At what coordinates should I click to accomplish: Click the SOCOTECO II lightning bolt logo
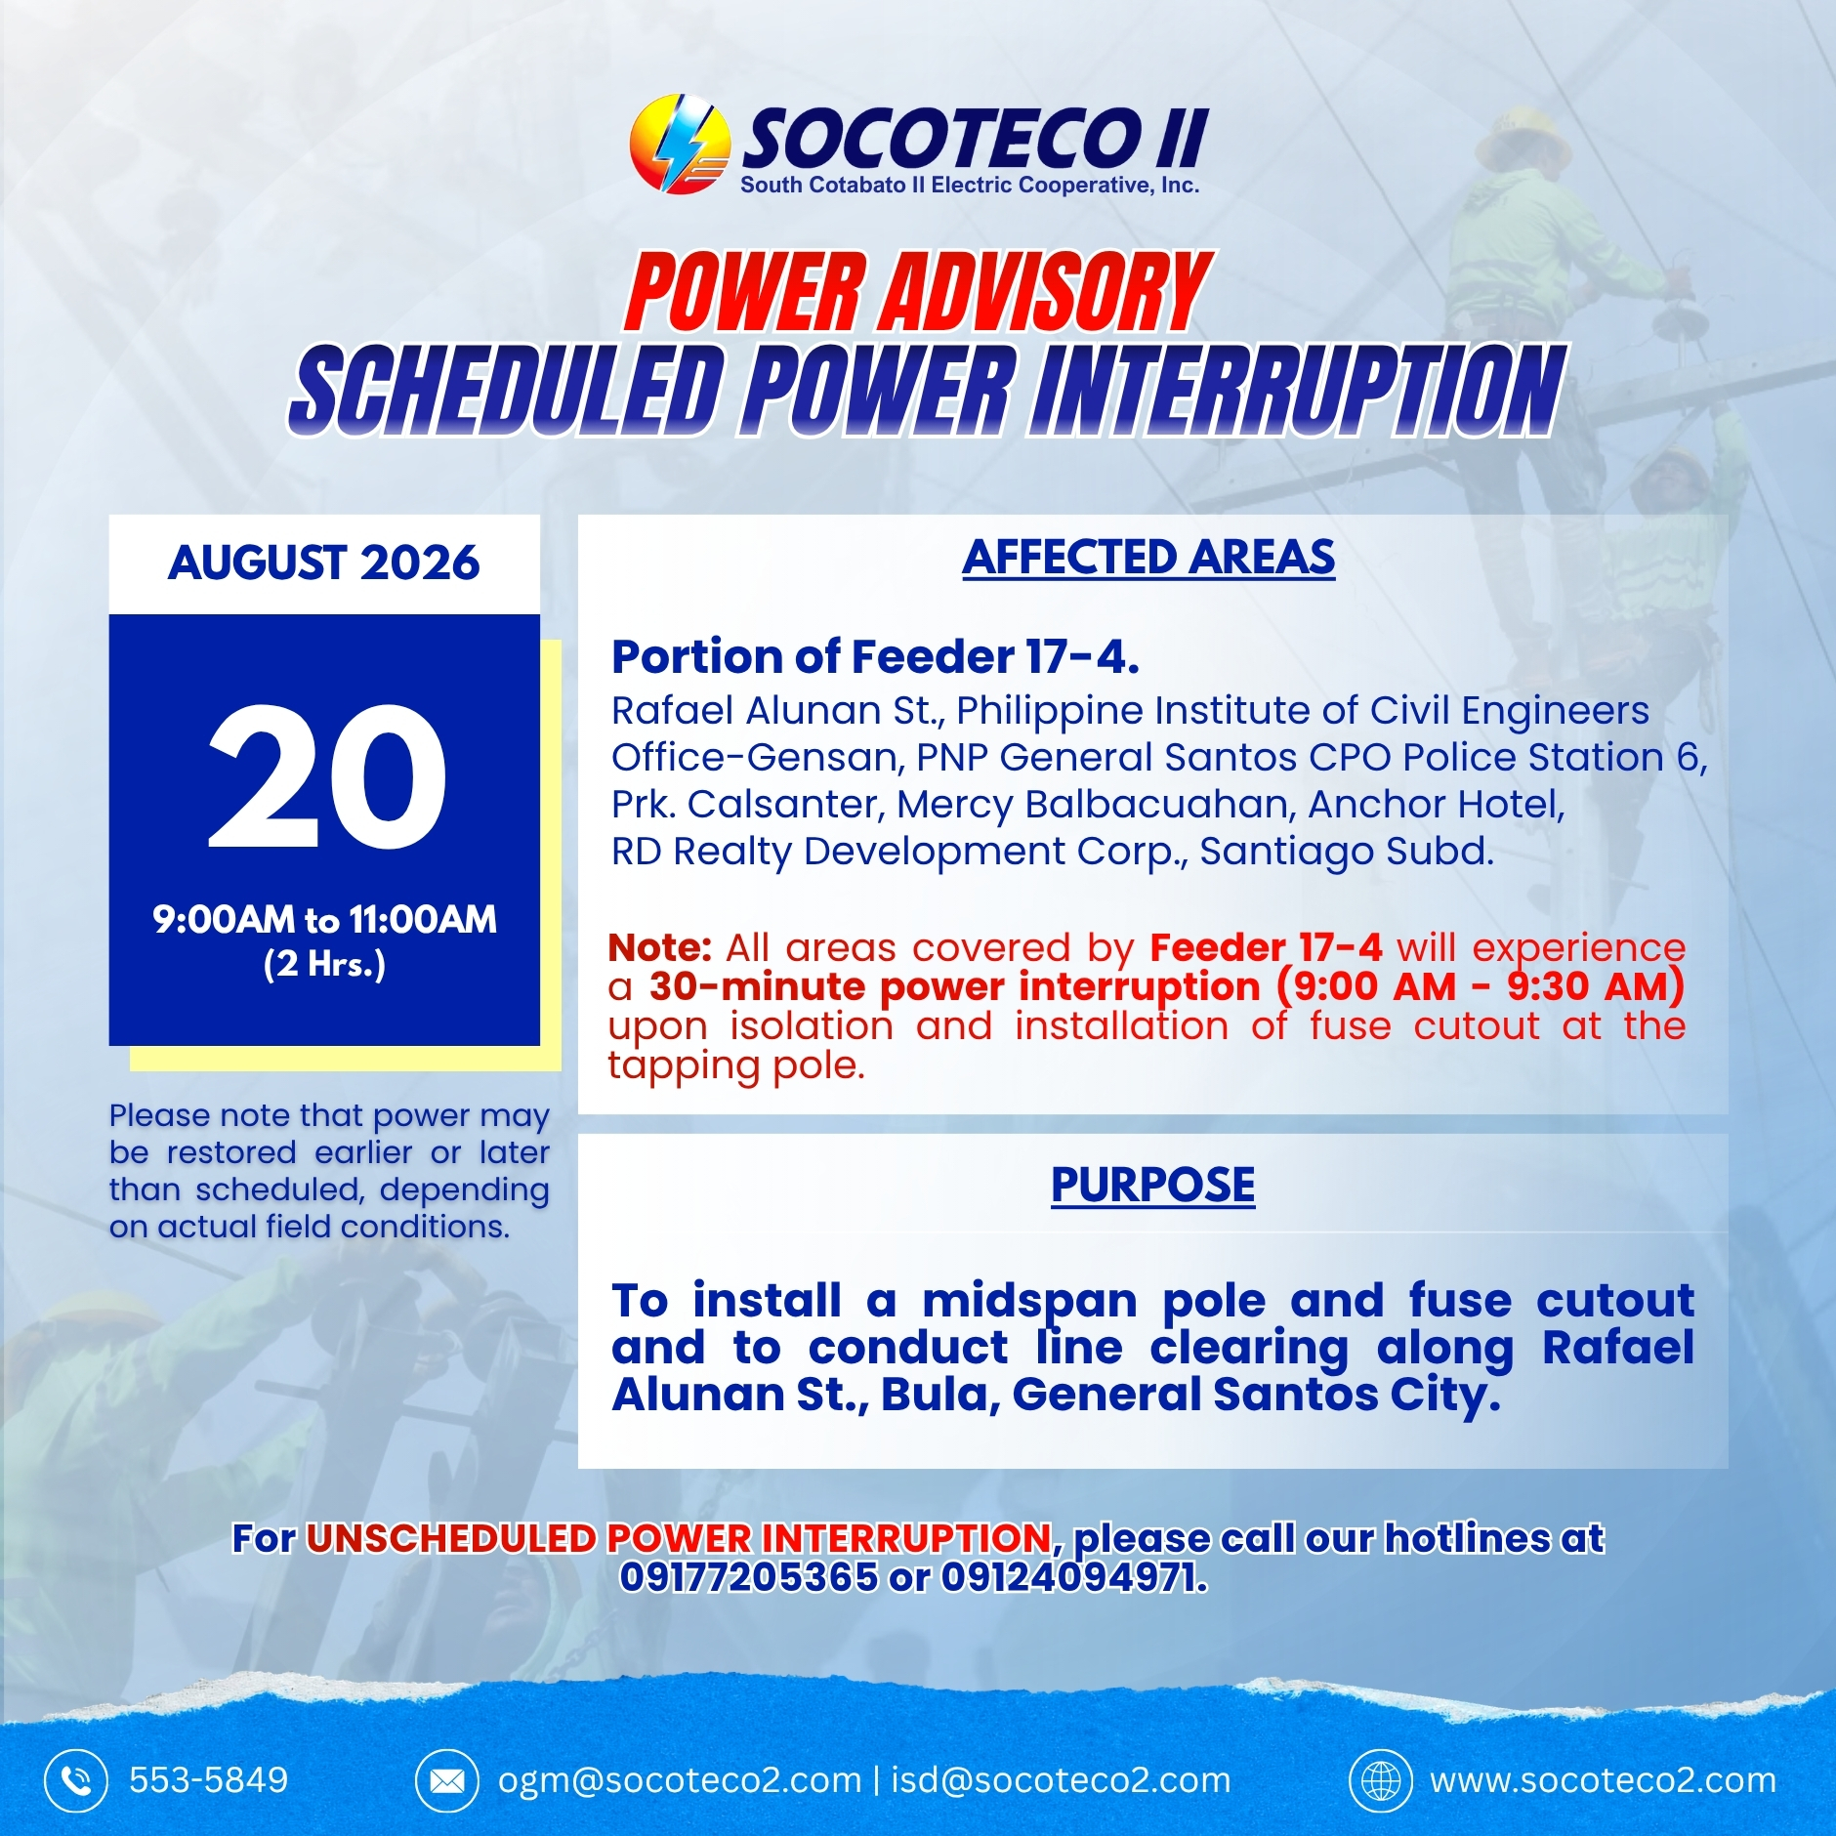click(680, 144)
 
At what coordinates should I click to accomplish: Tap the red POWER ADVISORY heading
click(918, 292)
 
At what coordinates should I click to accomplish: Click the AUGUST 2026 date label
click(324, 563)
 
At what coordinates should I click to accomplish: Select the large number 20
click(327, 776)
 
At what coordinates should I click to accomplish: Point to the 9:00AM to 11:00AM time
click(324, 919)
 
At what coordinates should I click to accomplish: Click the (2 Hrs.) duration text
click(324, 964)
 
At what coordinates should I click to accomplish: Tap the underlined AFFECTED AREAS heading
click(1148, 558)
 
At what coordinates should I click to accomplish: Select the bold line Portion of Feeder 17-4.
click(875, 656)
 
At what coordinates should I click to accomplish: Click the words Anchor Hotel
click(1436, 804)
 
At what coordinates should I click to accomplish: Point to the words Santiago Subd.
click(1347, 852)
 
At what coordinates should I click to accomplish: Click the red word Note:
click(659, 947)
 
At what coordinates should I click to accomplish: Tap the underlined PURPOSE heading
click(1152, 1185)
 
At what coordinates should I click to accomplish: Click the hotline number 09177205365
click(749, 1577)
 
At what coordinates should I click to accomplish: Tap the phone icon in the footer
click(75, 1780)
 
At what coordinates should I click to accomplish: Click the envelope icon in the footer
click(447, 1780)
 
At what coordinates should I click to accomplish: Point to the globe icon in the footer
click(1381, 1780)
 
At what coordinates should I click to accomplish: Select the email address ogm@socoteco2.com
click(680, 1780)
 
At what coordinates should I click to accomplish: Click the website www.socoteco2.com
click(1603, 1780)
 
